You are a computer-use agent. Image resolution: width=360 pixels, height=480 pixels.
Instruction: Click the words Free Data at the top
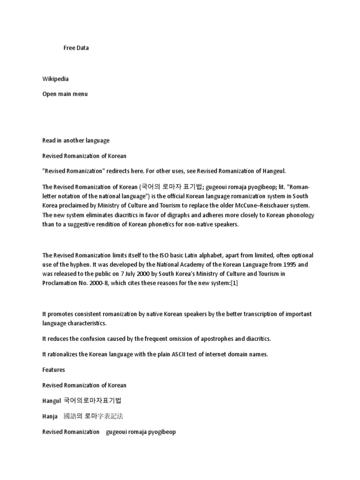click(x=76, y=48)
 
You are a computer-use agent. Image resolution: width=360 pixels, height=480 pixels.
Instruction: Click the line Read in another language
click(x=76, y=140)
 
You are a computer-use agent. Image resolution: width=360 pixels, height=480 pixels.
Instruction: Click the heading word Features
click(x=53, y=370)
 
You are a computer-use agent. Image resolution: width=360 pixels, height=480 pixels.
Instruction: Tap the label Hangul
click(x=52, y=401)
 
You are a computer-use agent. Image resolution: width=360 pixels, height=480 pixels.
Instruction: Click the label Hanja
click(x=50, y=416)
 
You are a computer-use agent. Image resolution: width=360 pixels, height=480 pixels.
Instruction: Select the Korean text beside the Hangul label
click(x=92, y=401)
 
